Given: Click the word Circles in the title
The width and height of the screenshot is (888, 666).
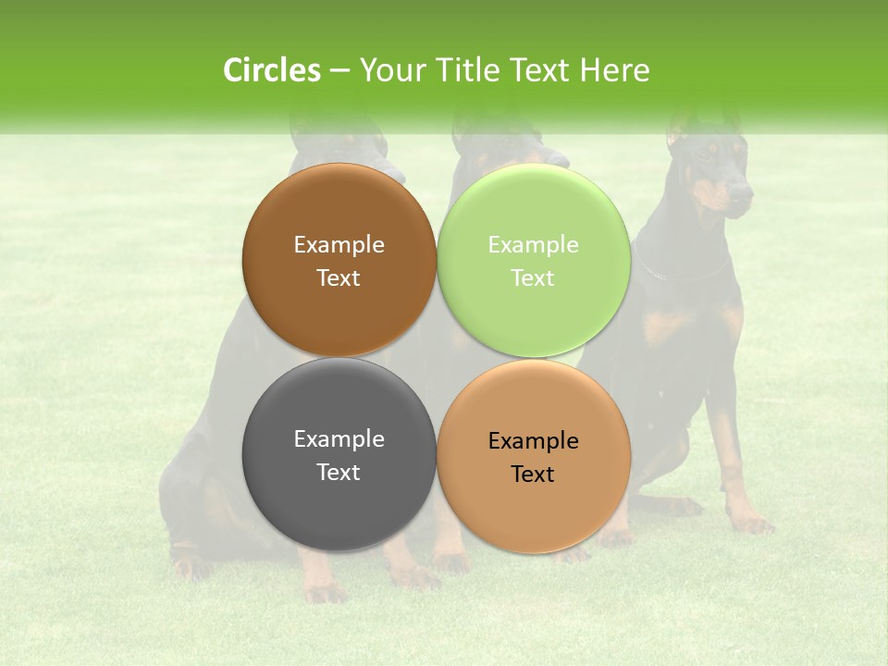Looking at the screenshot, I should tap(271, 70).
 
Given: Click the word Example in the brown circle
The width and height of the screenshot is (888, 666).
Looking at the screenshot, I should tap(339, 245).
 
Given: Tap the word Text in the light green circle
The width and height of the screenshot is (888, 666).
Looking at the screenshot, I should tap(533, 278).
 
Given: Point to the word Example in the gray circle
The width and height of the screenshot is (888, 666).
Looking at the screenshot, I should tap(339, 439).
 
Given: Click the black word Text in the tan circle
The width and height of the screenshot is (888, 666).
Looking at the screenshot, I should tap(533, 475).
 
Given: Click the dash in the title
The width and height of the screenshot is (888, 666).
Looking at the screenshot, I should tap(339, 71).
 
